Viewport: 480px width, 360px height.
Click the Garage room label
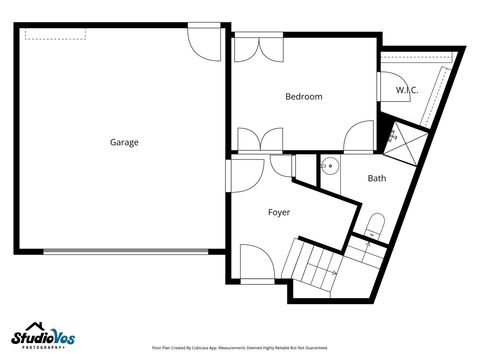(x=124, y=142)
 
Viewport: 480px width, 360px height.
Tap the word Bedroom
(x=303, y=97)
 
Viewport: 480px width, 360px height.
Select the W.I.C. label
(x=406, y=91)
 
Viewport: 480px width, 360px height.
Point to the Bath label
(x=376, y=179)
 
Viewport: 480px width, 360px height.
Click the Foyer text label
(x=279, y=212)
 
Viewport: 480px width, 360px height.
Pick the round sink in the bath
(x=330, y=166)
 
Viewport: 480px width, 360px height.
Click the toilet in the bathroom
(x=374, y=224)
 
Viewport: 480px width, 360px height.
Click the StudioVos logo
(x=43, y=338)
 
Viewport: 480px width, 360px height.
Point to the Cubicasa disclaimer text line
(x=239, y=348)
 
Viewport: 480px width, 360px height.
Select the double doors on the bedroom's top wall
(x=258, y=48)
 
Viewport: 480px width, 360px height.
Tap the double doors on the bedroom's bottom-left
(x=258, y=141)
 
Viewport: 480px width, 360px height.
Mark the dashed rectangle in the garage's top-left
(x=56, y=34)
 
